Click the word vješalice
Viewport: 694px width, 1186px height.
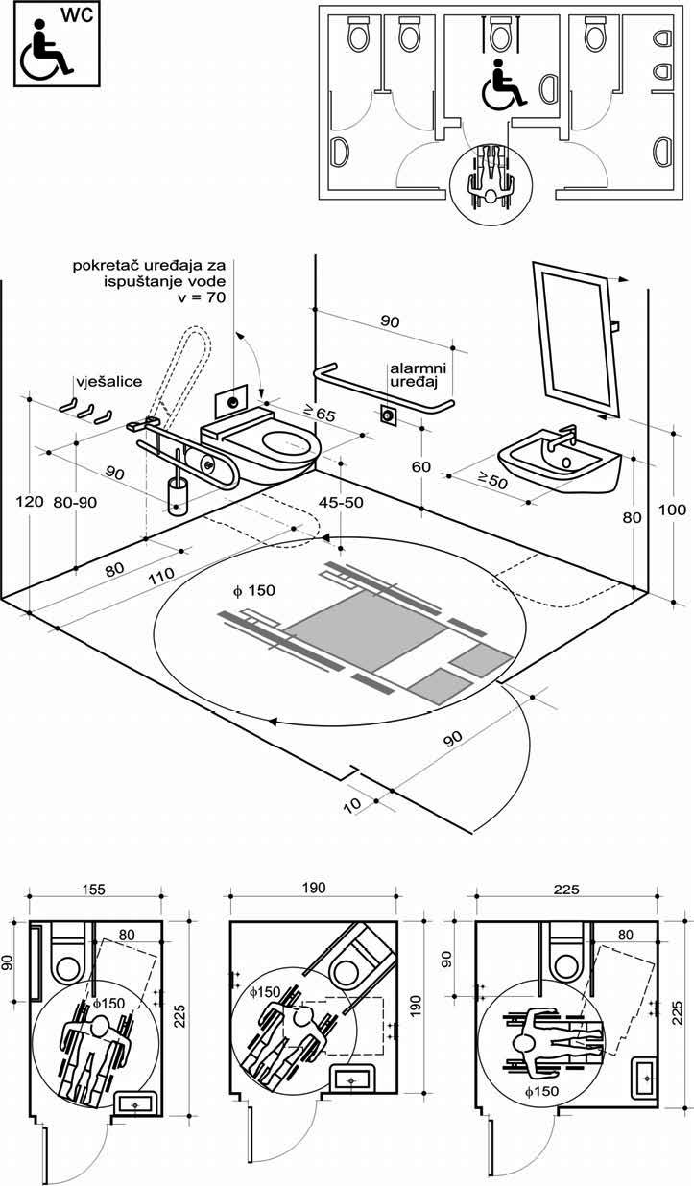[x=105, y=381]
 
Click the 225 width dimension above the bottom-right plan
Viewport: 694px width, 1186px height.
[x=567, y=889]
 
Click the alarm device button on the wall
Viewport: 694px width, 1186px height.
[x=389, y=415]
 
